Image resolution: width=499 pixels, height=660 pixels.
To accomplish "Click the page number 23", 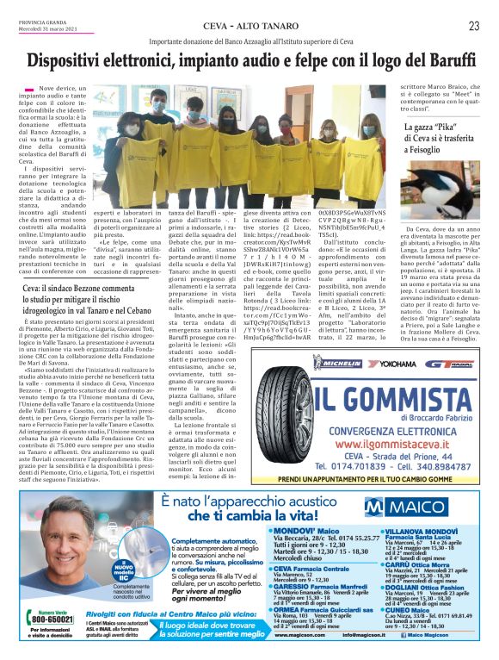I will (x=473, y=26).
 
